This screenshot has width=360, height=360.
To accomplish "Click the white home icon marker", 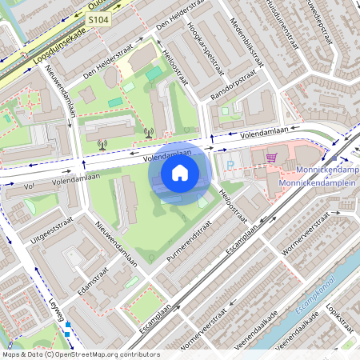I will (x=180, y=172).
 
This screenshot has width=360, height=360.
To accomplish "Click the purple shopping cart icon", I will (x=271, y=158).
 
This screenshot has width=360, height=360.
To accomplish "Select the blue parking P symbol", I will (x=230, y=165).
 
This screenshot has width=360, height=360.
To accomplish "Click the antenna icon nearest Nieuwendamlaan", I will (x=102, y=145).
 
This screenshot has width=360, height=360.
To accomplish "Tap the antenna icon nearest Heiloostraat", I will (x=147, y=133).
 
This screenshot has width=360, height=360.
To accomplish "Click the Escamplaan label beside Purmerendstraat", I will (x=241, y=238).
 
